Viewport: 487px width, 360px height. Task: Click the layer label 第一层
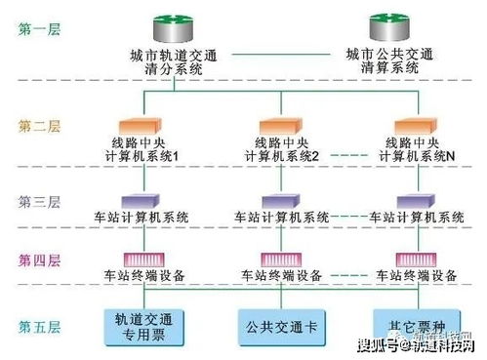click(39, 29)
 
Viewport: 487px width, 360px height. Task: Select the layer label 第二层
click(39, 126)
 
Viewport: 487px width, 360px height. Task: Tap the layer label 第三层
click(39, 202)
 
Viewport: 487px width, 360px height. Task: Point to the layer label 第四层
click(39, 260)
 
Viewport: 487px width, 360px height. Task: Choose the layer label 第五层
click(39, 325)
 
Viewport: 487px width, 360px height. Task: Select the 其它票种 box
click(409, 325)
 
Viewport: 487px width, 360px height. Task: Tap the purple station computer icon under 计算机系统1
click(144, 201)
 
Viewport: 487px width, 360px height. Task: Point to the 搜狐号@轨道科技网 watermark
click(416, 345)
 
